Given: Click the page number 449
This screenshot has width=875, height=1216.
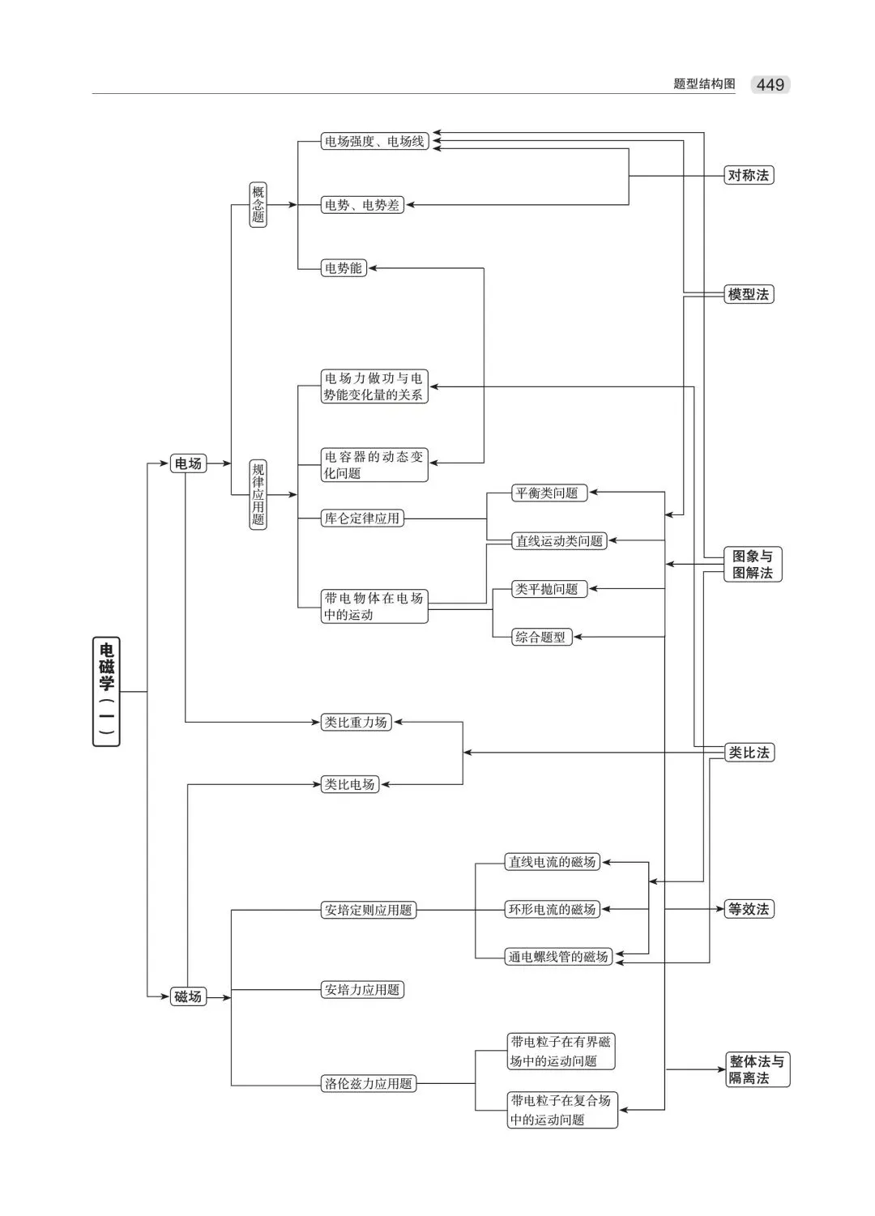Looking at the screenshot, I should point(770,84).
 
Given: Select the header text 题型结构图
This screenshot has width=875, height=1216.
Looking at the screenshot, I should point(704,84).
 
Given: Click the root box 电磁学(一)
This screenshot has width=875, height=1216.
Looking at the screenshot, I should point(106,691).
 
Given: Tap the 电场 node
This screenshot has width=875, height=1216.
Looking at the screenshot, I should point(188,463).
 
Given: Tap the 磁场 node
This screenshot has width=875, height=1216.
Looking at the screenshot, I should point(188,996).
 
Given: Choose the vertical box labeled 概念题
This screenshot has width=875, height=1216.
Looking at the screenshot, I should point(258,204).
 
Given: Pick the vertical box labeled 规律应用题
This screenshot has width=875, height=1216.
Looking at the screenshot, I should point(258,494).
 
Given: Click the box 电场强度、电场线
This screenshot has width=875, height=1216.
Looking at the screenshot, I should point(374,142).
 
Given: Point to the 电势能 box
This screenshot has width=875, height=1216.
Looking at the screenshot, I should point(344,268).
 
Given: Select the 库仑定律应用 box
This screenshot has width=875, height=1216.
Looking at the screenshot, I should point(362,518).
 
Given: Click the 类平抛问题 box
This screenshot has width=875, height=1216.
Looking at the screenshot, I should point(547,589).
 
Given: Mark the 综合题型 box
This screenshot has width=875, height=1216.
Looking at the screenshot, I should point(540,637).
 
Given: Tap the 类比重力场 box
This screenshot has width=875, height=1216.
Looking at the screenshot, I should point(356,722).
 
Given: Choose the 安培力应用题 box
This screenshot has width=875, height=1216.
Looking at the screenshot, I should point(362,989).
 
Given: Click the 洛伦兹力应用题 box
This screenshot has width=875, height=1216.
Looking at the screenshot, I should point(369,1083).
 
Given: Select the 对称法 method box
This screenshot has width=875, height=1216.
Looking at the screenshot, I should point(748,175).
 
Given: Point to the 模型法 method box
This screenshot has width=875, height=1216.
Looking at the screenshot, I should point(748,294).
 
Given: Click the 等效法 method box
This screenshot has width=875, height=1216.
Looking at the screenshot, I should point(748,909).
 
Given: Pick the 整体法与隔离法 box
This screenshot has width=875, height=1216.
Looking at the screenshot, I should point(757,1069).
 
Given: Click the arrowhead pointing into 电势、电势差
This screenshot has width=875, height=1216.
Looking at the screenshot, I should point(410,205).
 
